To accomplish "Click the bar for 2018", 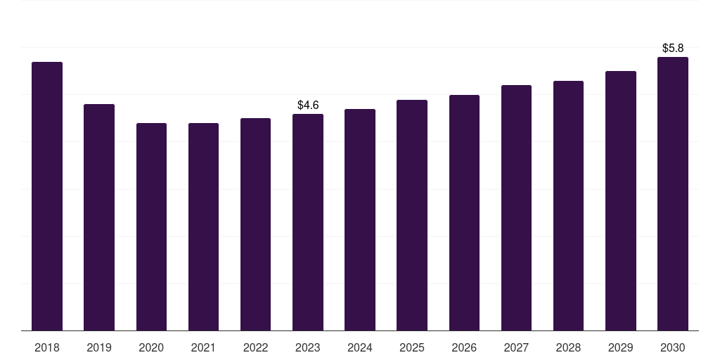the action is [x=47, y=196].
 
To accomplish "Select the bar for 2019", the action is [x=99, y=217].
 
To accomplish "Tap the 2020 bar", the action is [x=152, y=227].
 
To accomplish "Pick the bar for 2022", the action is [x=255, y=224].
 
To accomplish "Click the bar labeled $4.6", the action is [x=308, y=222].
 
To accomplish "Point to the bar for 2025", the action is [x=412, y=215].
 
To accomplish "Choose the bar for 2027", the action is [x=517, y=208].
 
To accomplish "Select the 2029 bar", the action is [x=621, y=200].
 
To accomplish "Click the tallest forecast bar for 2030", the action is [x=673, y=194].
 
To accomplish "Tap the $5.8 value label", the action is [x=673, y=49].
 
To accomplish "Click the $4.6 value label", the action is [x=308, y=105].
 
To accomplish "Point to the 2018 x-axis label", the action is [x=47, y=347].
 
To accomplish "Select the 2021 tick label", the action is [x=203, y=347].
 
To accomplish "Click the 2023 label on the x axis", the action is [x=308, y=347].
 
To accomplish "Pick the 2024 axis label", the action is [x=360, y=347].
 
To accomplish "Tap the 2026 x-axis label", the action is [x=464, y=347].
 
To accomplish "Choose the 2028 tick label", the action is [x=568, y=347].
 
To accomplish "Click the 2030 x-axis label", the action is [x=673, y=347].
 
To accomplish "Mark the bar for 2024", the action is [x=360, y=220].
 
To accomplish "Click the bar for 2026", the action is [x=464, y=212].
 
